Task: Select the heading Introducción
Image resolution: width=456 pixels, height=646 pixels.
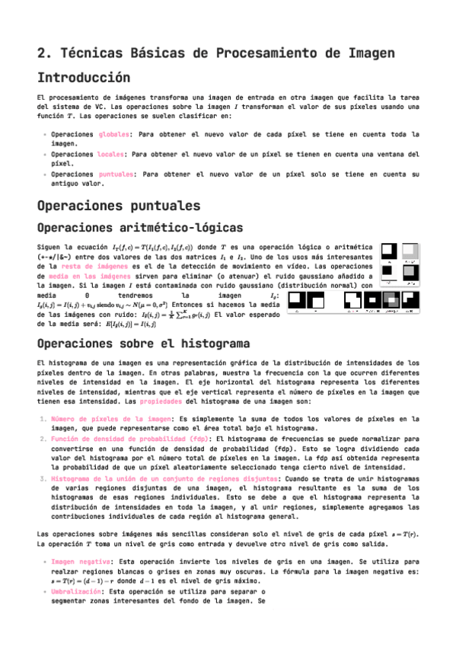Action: [83, 78]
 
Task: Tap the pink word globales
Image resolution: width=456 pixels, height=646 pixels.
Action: [114, 134]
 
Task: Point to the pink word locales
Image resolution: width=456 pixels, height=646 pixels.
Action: [113, 153]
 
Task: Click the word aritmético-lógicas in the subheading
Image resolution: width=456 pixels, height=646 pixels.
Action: [180, 228]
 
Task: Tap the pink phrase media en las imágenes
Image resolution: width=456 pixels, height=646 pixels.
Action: [83, 277]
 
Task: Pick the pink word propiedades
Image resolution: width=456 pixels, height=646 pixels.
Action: [160, 400]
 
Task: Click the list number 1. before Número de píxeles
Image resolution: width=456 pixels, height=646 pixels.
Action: [43, 419]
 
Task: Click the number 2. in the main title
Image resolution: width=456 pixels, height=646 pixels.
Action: [43, 53]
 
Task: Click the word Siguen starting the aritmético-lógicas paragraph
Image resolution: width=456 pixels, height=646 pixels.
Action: [53, 248]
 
